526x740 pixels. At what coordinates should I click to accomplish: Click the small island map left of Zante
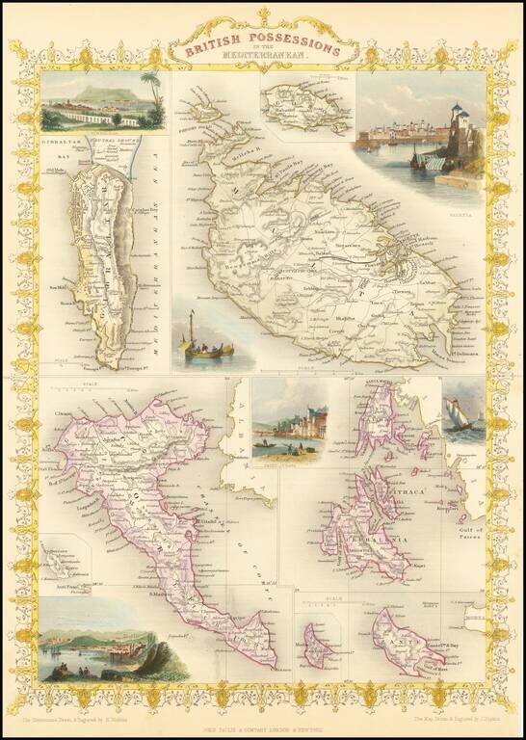(317, 645)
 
